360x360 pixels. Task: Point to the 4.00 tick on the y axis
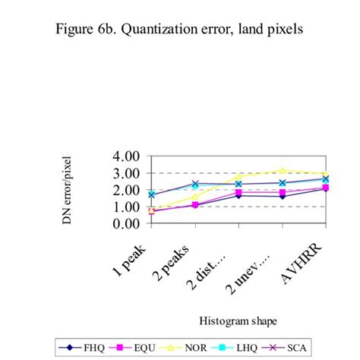point(127,156)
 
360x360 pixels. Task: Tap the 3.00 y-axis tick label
point(127,173)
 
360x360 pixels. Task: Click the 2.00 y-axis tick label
point(127,190)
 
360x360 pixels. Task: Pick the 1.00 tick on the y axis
point(127,207)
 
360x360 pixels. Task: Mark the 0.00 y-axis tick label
point(127,224)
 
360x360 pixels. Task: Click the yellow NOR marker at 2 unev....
point(283,171)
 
